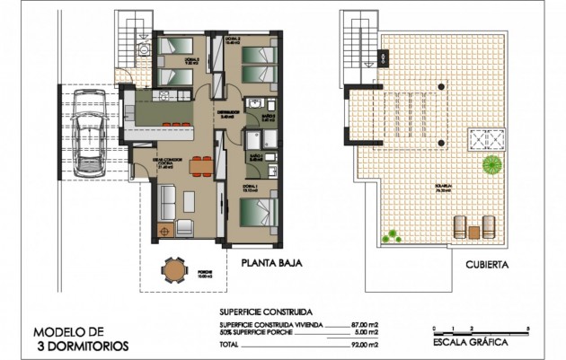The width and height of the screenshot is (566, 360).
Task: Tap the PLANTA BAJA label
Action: (x=270, y=264)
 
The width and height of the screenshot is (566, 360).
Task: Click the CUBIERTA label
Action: (x=489, y=265)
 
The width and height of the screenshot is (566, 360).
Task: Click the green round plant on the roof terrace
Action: (x=491, y=164)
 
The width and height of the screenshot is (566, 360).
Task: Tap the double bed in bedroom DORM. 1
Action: (x=260, y=215)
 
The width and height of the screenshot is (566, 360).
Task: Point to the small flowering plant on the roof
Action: (x=391, y=236)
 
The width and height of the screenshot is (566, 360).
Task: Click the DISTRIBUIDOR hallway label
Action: (x=226, y=113)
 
